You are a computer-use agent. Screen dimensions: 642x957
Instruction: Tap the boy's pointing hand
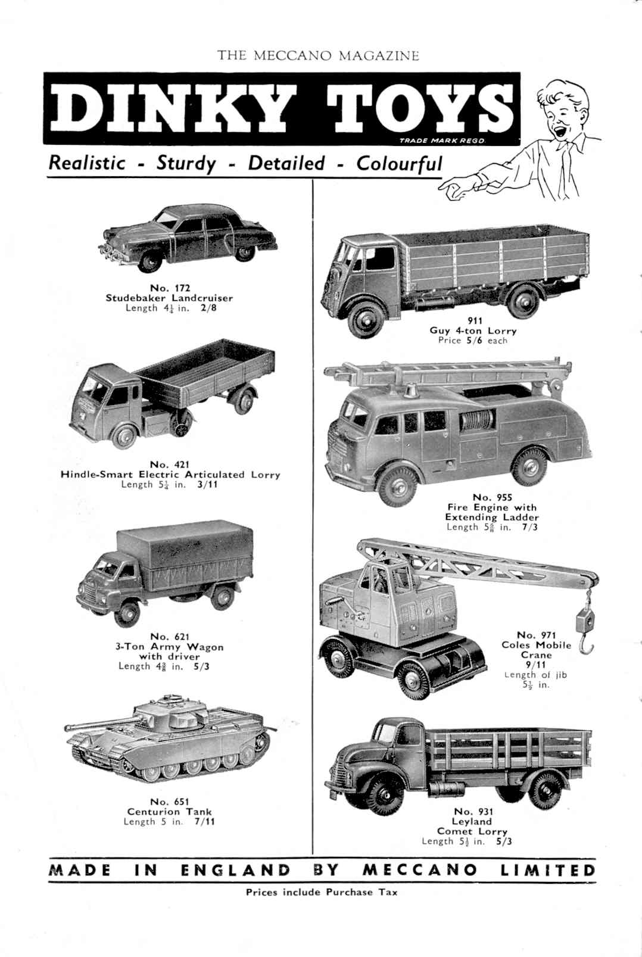(456, 188)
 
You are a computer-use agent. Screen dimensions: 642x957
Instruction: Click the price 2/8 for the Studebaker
(208, 308)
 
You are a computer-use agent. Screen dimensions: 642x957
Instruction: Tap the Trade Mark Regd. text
(442, 141)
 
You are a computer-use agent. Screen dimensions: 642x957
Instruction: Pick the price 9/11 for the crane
(536, 665)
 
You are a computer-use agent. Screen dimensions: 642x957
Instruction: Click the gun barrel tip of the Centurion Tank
(67, 727)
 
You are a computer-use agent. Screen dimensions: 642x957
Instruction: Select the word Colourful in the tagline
(399, 164)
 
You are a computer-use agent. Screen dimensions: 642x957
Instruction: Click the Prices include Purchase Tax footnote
(321, 892)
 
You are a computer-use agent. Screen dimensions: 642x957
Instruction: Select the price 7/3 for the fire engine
(529, 527)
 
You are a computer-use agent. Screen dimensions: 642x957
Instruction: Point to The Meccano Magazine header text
(318, 55)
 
